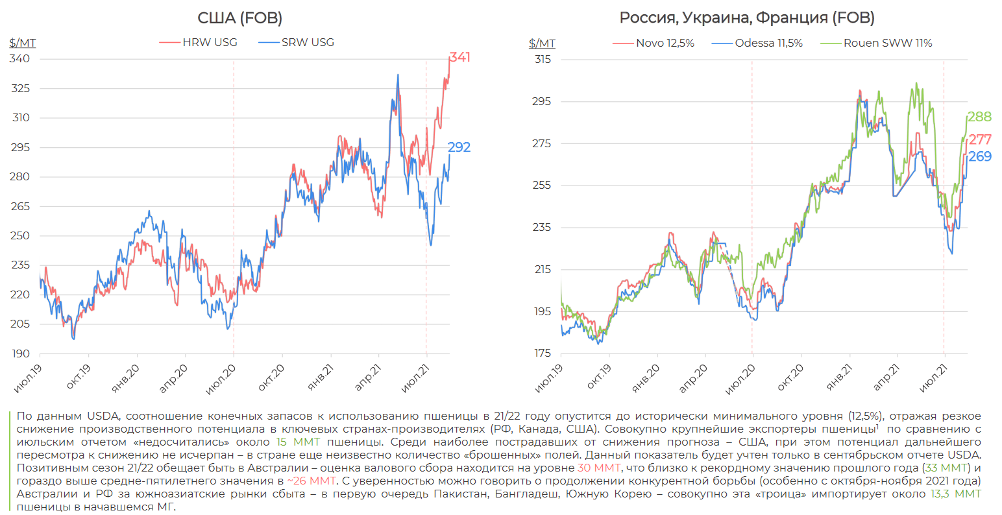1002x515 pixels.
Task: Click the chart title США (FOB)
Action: coord(239,18)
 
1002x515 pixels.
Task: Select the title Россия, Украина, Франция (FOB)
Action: coord(747,18)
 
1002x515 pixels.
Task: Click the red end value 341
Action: coord(459,57)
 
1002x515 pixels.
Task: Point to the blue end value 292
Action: coord(459,147)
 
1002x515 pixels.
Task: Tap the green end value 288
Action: coord(979,117)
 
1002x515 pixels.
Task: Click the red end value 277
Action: coord(980,139)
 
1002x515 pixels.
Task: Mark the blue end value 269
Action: coord(980,156)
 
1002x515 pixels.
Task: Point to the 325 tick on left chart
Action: coord(20,88)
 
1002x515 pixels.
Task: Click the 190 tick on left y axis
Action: coord(20,353)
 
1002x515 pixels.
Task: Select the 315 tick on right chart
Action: coord(542,59)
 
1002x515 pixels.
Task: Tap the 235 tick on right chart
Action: coord(542,227)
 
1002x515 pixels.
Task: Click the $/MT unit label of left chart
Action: coord(23,43)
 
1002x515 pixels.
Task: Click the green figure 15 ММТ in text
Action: coord(299,442)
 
